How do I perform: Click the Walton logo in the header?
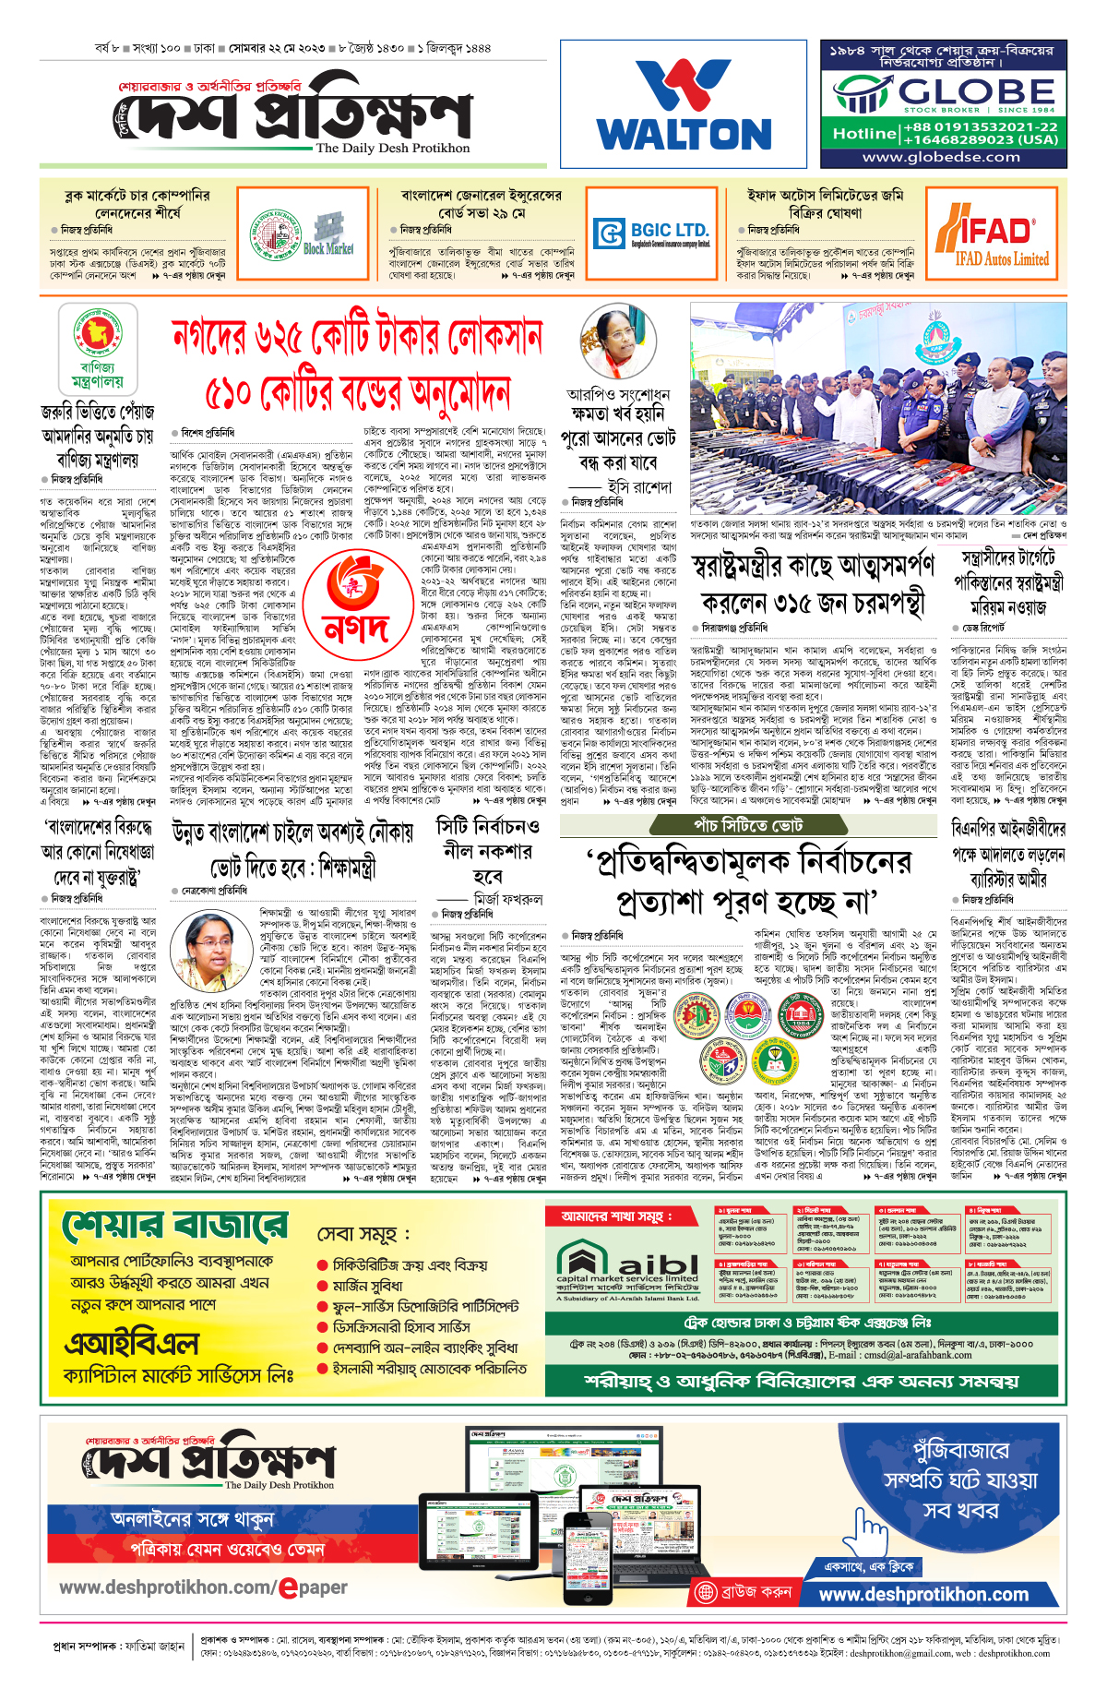tap(685, 104)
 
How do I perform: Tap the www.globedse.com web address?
tap(941, 157)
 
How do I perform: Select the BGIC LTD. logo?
tap(652, 234)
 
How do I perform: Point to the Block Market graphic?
tap(327, 235)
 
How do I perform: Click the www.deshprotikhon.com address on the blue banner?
tap(923, 1594)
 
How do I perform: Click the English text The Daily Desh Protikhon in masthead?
tap(392, 148)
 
